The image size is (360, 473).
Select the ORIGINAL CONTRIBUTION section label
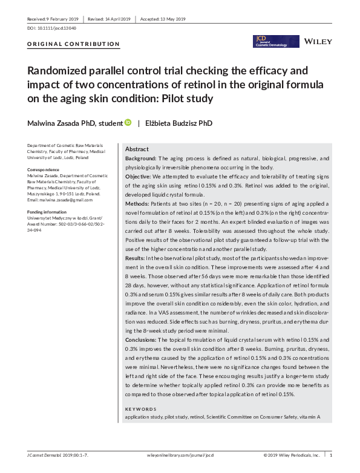pyautogui.click(x=74, y=44)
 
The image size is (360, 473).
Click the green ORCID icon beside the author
pyautogui.click(x=128, y=123)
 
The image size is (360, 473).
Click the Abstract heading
pyautogui.click(x=137, y=149)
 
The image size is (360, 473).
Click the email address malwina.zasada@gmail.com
pyautogui.click(x=59, y=200)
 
